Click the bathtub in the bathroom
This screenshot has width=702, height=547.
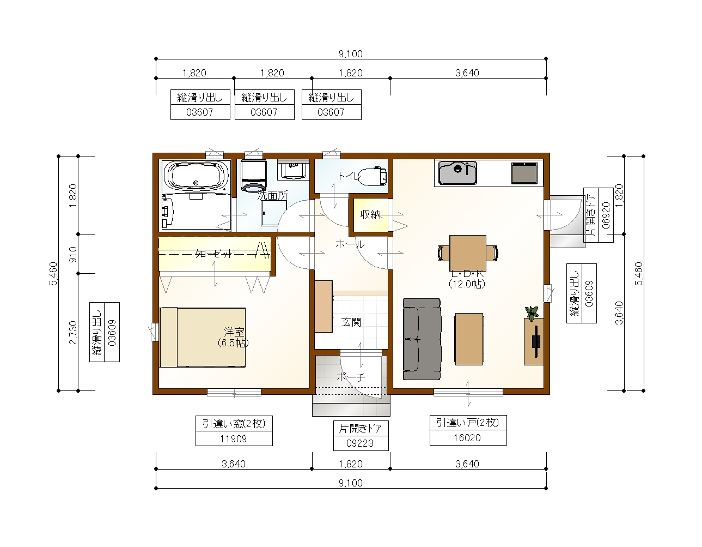[196, 177]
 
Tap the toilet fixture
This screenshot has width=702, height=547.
[372, 176]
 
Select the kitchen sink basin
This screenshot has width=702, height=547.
[457, 172]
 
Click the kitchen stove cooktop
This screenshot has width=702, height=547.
[524, 173]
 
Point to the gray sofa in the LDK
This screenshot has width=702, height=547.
[422, 339]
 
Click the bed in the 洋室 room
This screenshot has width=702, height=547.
[203, 338]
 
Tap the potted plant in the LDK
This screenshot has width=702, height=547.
[532, 313]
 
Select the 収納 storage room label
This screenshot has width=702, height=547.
[370, 214]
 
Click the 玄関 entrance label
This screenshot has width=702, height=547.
[351, 322]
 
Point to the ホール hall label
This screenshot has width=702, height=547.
[350, 244]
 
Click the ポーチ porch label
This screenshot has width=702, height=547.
[351, 377]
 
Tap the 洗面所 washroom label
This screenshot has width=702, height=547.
[272, 195]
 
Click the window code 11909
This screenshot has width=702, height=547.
[233, 438]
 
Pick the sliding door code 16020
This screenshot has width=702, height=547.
[467, 438]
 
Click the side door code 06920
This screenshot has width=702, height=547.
[606, 215]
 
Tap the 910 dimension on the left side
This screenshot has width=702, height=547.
[74, 254]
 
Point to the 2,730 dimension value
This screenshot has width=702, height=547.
[74, 333]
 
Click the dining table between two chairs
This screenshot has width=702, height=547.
[468, 253]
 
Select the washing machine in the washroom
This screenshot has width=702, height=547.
[254, 176]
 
